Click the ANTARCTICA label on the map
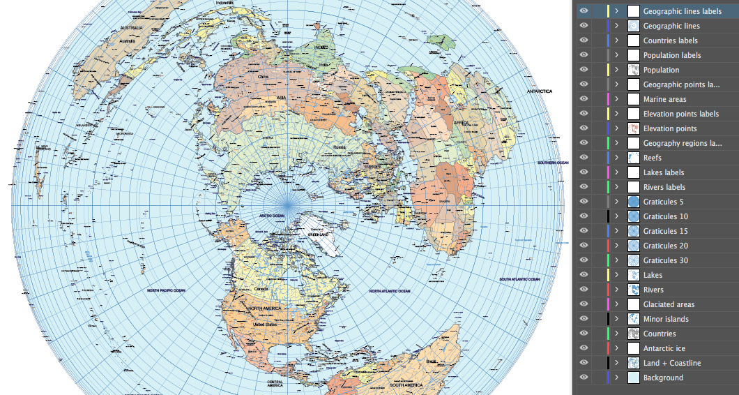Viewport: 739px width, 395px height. click(539, 91)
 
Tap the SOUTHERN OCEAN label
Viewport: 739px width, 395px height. click(553, 163)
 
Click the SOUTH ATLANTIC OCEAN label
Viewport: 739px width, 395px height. click(519, 279)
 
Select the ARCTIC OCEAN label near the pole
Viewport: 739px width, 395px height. click(272, 216)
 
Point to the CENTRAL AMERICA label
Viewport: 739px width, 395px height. click(280, 382)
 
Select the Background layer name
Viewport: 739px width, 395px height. click(663, 378)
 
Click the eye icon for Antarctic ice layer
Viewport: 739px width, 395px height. click(584, 348)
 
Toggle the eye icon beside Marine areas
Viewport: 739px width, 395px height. click(584, 99)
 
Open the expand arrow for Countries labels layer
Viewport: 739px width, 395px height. click(616, 40)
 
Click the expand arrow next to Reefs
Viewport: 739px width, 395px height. click(616, 158)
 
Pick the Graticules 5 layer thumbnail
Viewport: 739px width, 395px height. click(634, 202)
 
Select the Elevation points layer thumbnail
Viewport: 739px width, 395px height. click(634, 128)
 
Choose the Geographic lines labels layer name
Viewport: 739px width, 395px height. click(682, 11)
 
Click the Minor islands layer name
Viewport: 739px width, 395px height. click(666, 319)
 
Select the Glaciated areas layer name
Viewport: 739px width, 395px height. click(669, 304)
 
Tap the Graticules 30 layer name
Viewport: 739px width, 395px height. click(665, 260)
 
